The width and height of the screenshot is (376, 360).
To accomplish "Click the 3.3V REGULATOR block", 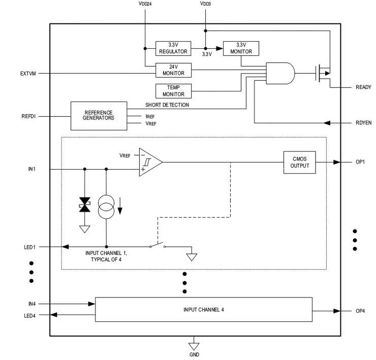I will (173, 48).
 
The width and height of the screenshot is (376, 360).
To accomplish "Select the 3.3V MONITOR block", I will (240, 48).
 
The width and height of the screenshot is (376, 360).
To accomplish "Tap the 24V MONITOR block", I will (173, 70).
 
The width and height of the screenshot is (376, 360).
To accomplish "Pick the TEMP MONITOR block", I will (173, 91).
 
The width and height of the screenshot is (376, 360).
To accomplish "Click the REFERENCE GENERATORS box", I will (99, 115).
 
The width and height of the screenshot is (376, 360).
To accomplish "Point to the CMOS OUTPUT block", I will (299, 162).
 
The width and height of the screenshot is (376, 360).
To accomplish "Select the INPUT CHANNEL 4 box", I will (204, 310).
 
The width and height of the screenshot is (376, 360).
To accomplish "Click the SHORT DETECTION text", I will (167, 105).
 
